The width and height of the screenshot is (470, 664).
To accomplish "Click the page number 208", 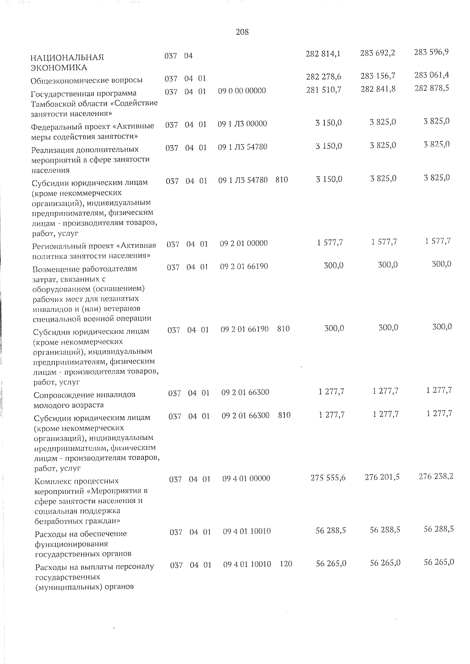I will click(x=242, y=32).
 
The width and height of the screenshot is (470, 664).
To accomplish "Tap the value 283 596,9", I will click(x=431, y=52).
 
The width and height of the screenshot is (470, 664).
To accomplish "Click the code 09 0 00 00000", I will click(x=242, y=91).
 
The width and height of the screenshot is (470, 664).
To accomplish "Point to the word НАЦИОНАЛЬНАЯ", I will click(x=67, y=58).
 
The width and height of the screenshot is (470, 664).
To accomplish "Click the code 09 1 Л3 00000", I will click(x=242, y=124).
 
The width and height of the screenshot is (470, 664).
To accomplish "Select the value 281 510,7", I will click(x=324, y=90).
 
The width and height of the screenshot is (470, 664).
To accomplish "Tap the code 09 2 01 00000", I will click(x=244, y=243).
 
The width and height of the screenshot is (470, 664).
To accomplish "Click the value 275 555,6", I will click(x=328, y=478).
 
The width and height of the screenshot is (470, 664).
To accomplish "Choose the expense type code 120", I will click(x=286, y=564).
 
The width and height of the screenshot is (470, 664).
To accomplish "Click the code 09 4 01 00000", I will click(x=246, y=479).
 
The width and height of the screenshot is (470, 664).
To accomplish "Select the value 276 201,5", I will click(x=382, y=477).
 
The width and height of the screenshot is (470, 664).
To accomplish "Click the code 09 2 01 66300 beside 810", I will click(x=245, y=416).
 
